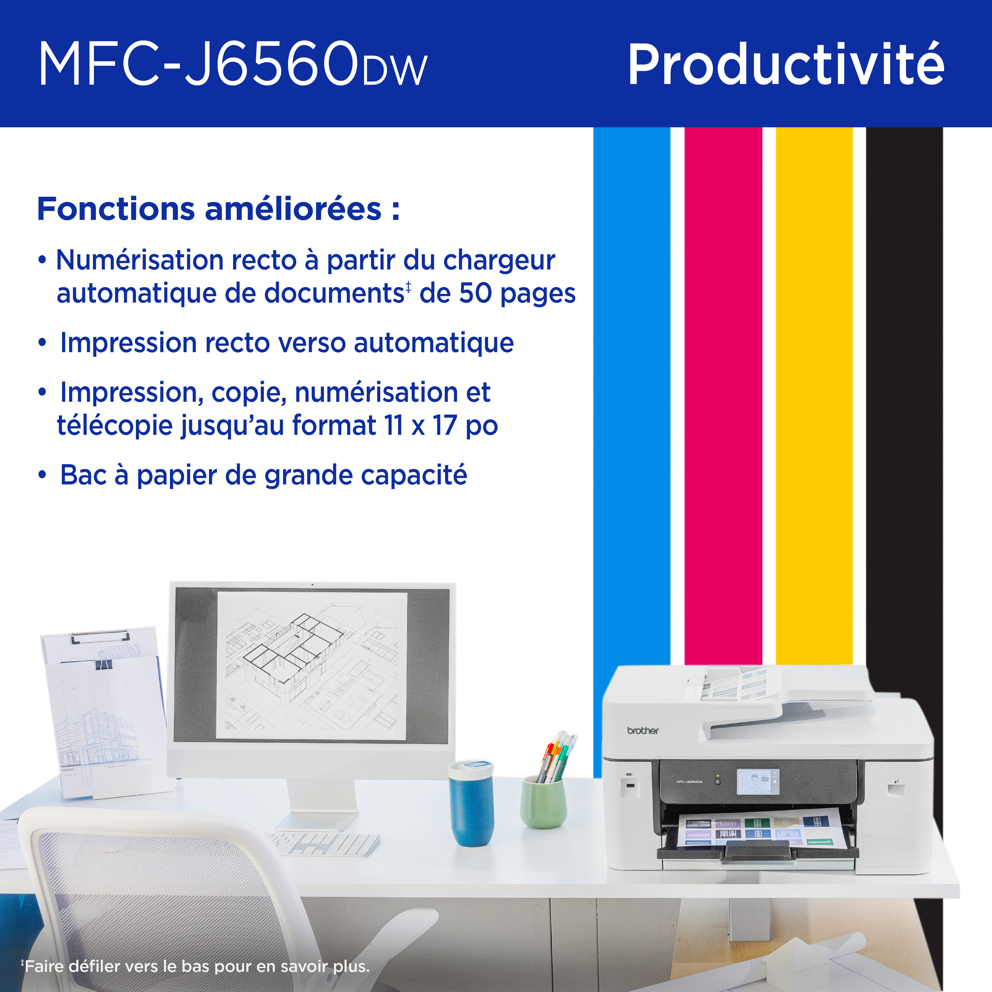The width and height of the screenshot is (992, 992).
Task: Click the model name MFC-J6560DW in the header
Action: click(232, 64)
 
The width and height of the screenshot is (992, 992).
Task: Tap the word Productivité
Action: click(786, 64)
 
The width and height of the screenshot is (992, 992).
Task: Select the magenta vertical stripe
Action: click(723, 395)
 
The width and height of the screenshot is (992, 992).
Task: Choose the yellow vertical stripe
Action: click(814, 395)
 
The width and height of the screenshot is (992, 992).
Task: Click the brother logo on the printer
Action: click(642, 730)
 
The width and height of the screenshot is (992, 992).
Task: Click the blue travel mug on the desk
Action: click(471, 804)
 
